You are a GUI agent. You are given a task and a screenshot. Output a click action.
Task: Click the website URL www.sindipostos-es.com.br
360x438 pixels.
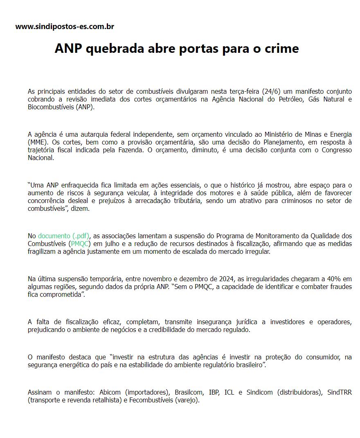(x=65, y=27)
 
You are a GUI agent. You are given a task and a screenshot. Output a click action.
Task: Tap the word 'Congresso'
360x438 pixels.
(x=334, y=150)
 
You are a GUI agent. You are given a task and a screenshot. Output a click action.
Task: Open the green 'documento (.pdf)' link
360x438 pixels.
(x=64, y=236)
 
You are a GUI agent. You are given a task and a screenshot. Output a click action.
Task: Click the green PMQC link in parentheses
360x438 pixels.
(x=80, y=244)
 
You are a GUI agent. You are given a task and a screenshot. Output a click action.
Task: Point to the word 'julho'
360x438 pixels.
(x=110, y=244)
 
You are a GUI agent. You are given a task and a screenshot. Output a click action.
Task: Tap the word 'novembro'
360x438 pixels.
(x=150, y=279)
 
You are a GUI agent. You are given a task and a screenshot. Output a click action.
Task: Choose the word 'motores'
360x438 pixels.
(x=223, y=193)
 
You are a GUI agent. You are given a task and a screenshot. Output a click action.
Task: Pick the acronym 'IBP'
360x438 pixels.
(x=214, y=392)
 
